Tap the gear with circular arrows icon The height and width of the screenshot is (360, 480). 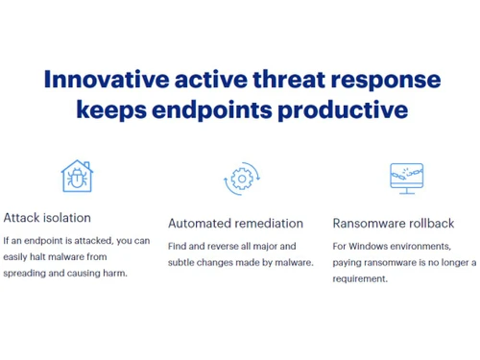click(x=240, y=180)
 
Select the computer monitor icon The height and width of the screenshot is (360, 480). click(x=406, y=178)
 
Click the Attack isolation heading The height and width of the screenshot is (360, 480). click(x=47, y=217)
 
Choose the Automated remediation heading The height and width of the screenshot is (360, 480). click(x=235, y=223)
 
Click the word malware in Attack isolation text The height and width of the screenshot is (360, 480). click(x=84, y=256)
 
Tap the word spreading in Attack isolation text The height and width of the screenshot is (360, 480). click(x=26, y=273)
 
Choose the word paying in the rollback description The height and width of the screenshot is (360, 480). click(x=348, y=262)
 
